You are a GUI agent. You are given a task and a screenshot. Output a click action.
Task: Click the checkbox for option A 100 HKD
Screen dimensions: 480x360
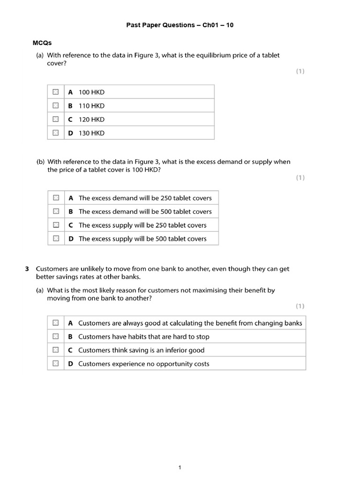click(x=56, y=92)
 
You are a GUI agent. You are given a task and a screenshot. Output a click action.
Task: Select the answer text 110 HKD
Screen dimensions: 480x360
click(x=91, y=105)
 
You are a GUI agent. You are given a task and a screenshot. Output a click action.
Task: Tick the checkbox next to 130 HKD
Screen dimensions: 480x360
click(x=56, y=133)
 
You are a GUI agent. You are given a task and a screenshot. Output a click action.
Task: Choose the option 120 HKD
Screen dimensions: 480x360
click(x=91, y=119)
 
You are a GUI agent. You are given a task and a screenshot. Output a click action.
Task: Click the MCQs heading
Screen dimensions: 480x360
click(x=42, y=43)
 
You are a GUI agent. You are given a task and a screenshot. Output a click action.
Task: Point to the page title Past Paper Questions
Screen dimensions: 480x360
click(x=180, y=25)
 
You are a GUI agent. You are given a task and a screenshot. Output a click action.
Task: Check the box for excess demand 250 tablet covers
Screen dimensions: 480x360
click(x=56, y=198)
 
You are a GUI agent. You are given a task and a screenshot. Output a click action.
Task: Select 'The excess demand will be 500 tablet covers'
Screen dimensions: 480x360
click(x=145, y=211)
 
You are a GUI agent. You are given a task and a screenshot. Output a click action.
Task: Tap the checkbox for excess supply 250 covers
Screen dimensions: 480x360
click(x=56, y=225)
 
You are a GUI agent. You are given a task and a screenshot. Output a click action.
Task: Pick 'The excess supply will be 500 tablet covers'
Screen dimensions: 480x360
click(x=142, y=239)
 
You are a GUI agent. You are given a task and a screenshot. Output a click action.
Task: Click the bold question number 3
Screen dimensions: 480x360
click(x=27, y=269)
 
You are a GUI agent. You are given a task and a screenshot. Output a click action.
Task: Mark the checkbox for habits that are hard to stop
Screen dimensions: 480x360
click(x=56, y=337)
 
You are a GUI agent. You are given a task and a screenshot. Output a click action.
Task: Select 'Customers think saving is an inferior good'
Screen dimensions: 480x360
click(x=141, y=350)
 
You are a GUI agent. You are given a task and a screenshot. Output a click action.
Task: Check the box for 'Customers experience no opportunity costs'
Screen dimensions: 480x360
click(x=56, y=364)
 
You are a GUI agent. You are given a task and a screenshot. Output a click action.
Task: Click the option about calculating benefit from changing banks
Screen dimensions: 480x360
click(x=190, y=323)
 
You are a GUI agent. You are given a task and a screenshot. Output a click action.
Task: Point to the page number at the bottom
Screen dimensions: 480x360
click(x=180, y=454)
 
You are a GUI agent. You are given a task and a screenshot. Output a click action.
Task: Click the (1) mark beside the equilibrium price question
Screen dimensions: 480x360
click(x=300, y=71)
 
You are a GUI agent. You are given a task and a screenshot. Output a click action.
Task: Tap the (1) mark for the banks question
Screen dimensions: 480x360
click(x=300, y=306)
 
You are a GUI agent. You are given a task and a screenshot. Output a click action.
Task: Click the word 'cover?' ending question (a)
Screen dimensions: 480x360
click(x=57, y=64)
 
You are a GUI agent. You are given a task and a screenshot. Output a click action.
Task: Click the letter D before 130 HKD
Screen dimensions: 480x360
click(x=70, y=133)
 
